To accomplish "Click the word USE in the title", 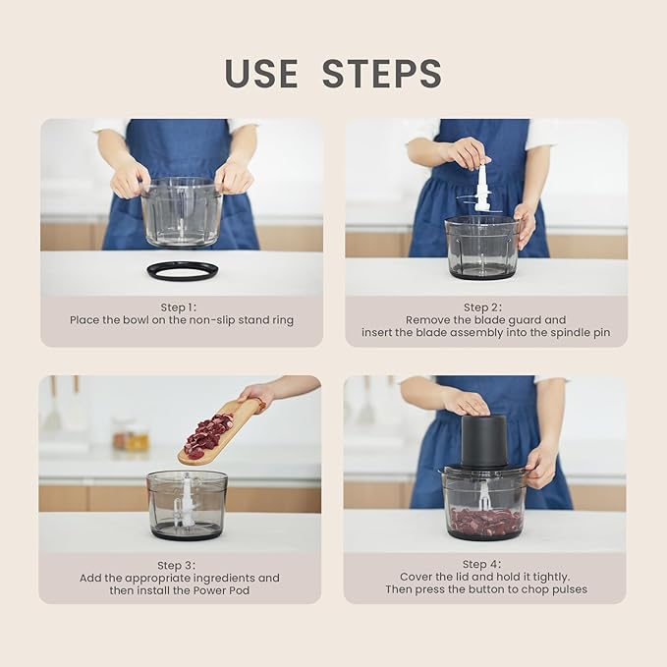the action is pyautogui.click(x=261, y=74).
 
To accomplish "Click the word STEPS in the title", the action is pyautogui.click(x=382, y=74).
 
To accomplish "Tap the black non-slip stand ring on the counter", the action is pyautogui.click(x=183, y=270).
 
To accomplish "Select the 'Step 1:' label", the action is pyautogui.click(x=179, y=307).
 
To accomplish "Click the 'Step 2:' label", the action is pyautogui.click(x=482, y=307).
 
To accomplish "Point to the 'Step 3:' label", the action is pyautogui.click(x=177, y=566).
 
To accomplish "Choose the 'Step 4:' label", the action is pyautogui.click(x=482, y=564).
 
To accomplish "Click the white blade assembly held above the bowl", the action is pyautogui.click(x=481, y=188).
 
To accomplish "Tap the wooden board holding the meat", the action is pyautogui.click(x=221, y=430).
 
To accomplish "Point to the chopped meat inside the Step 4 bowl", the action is pyautogui.click(x=486, y=520).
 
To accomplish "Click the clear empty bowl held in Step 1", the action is pyautogui.click(x=182, y=212).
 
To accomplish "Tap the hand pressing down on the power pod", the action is pyautogui.click(x=467, y=403).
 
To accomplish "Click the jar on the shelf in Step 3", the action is pyautogui.click(x=131, y=435).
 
